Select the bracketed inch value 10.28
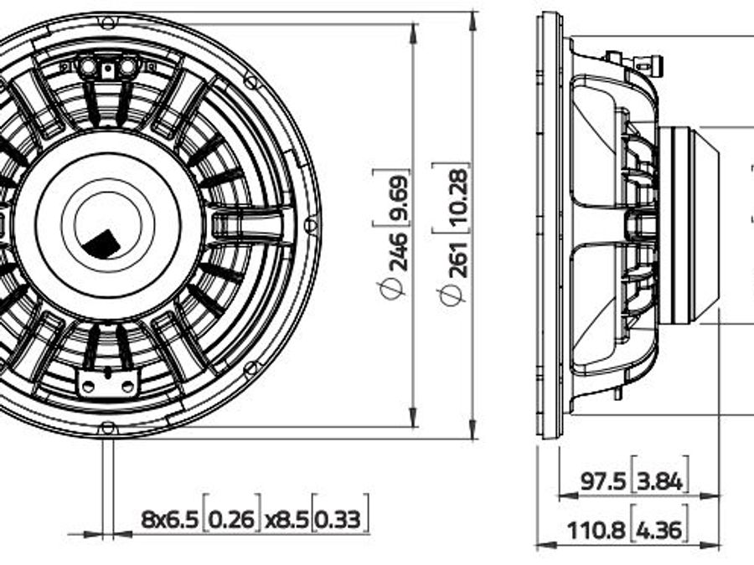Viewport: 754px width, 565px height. pos(458,197)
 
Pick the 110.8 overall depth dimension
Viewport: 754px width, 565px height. pos(596,531)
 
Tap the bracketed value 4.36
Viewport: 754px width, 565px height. pos(658,531)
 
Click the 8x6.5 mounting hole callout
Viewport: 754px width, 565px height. pos(169,519)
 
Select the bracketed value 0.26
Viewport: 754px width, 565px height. pos(232,519)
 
